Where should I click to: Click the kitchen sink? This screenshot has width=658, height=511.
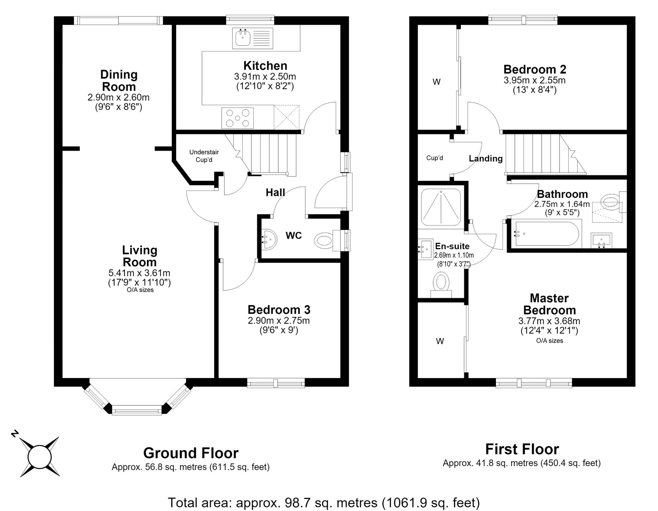[x=252, y=38]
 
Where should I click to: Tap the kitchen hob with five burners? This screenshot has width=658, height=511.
[x=237, y=118]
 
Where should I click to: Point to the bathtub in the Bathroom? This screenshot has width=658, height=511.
[x=545, y=234]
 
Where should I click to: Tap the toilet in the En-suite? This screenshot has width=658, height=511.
[x=441, y=285]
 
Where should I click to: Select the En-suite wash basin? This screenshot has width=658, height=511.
[x=425, y=249]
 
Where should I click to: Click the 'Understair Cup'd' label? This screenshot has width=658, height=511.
[x=204, y=156]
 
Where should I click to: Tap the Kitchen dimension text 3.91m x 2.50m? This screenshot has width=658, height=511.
[x=265, y=76]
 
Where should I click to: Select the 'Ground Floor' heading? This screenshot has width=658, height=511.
[x=191, y=453]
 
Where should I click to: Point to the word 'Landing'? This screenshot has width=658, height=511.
[x=486, y=159]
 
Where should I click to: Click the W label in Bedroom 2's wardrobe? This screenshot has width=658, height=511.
[x=436, y=82]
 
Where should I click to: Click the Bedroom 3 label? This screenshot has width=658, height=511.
[x=279, y=309]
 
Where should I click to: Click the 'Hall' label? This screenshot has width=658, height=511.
[x=275, y=193]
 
